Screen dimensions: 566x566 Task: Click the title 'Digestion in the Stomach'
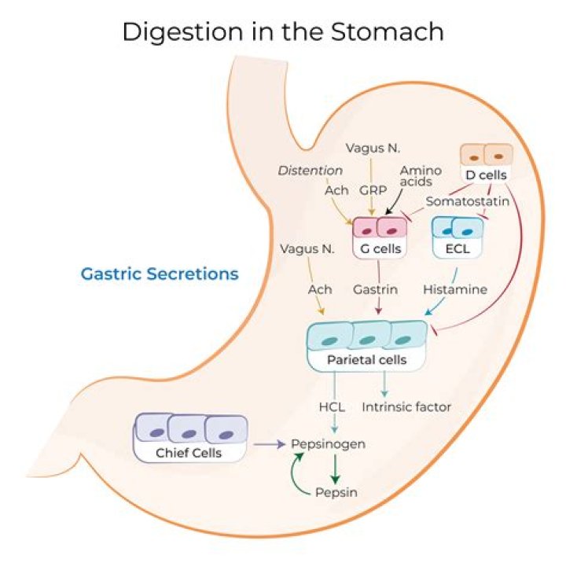coord(283,32)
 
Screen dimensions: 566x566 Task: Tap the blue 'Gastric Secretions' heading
coord(160,274)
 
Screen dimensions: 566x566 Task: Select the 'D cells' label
coord(485,175)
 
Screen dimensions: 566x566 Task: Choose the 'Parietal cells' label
coord(366,361)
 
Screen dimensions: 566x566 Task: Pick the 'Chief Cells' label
coord(189,453)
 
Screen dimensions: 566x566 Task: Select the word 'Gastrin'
coord(375,289)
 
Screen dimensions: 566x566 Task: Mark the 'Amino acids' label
coord(416,177)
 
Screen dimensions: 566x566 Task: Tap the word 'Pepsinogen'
coord(329,444)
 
